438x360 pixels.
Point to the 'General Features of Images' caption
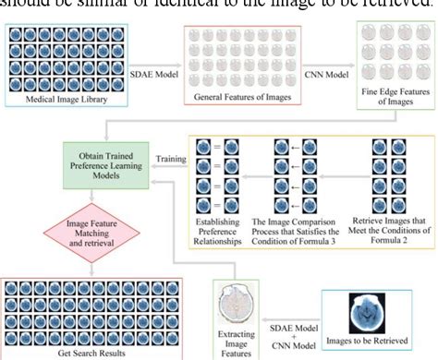pos(242,95)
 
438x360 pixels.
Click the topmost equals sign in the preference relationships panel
pos(217,148)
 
